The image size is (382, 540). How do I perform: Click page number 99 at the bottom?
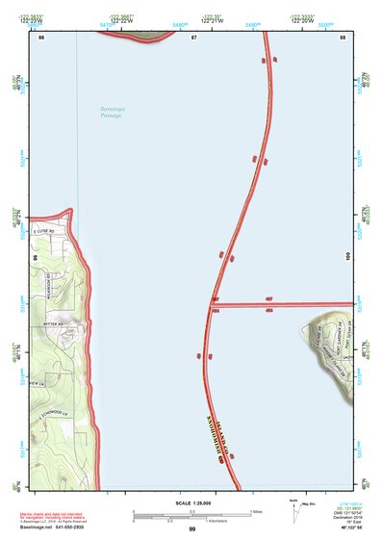coord(191,530)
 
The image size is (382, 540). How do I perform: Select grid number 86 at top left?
coord(40,38)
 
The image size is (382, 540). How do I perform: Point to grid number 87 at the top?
coord(193,38)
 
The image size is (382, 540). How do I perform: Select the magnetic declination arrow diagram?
coord(295,512)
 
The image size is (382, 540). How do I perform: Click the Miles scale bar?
coord(192,511)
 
